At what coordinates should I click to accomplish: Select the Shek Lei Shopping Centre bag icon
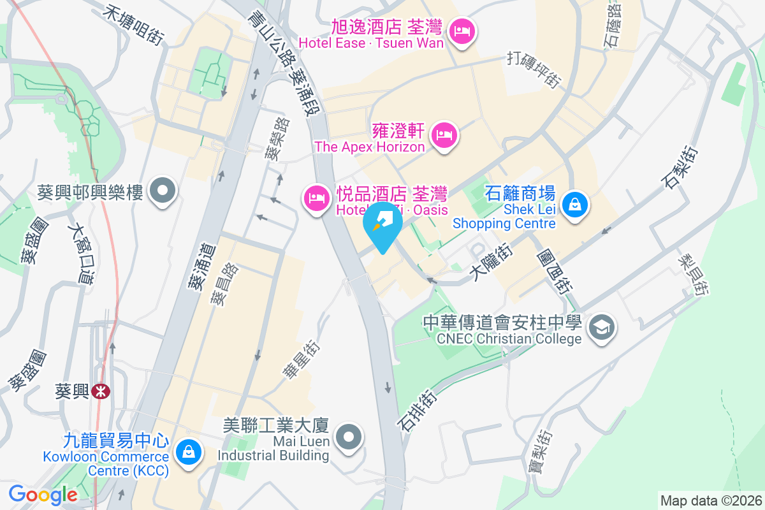(x=575, y=205)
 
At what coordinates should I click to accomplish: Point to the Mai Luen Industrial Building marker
(x=349, y=438)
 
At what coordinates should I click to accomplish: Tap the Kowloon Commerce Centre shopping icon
(x=188, y=452)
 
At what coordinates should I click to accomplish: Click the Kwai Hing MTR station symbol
(x=99, y=391)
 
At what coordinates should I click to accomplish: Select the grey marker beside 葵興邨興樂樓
(x=163, y=190)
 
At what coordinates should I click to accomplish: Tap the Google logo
(x=43, y=495)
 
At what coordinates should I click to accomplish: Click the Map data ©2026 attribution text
(x=711, y=500)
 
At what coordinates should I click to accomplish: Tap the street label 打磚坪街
(x=534, y=68)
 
